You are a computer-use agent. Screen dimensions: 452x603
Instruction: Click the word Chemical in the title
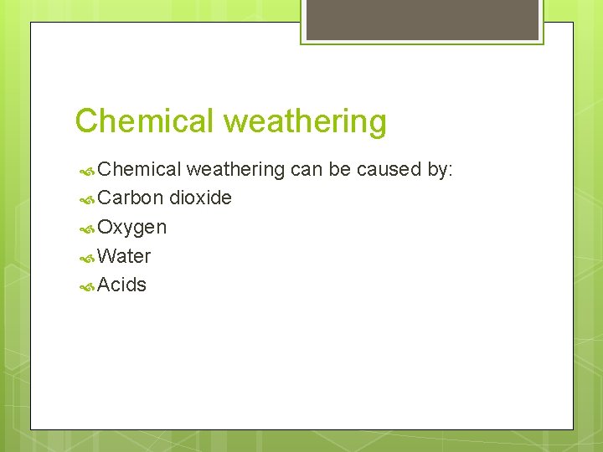coord(145,121)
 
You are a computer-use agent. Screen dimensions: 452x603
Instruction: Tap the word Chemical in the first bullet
coord(139,170)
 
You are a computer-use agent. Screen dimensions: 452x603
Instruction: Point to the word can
coord(307,170)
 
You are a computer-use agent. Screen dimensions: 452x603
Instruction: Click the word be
coord(339,170)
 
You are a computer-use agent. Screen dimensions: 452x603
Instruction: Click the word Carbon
coord(130,198)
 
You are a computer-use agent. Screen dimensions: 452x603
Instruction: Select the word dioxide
coord(200,198)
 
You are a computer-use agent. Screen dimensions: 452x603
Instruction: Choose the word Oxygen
coord(132,228)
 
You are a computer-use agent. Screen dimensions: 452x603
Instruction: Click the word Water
coord(124,256)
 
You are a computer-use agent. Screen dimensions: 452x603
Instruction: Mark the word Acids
coord(122,285)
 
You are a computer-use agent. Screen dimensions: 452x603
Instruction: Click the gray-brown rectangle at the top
coord(422,19)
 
